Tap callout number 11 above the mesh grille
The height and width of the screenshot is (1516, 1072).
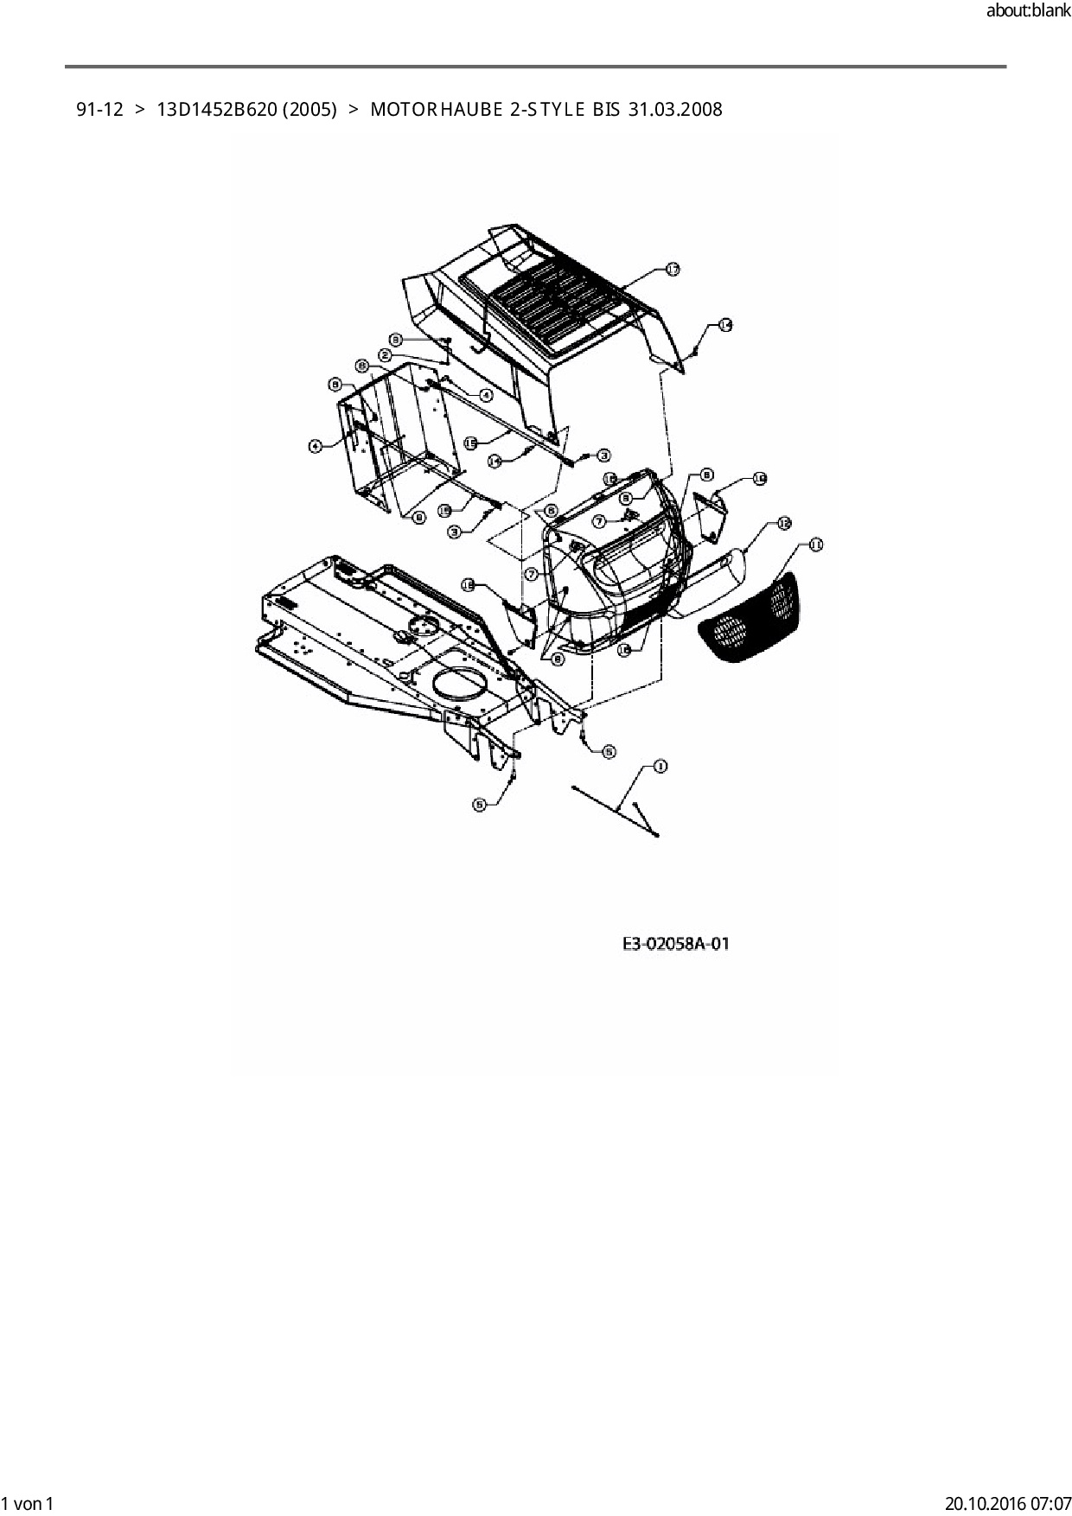tap(815, 545)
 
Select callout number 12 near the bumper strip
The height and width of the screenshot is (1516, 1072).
tap(783, 523)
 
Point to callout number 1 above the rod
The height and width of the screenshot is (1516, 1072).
tap(660, 766)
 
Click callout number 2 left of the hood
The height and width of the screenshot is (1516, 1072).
tap(385, 355)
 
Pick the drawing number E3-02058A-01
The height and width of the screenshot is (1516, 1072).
tap(675, 943)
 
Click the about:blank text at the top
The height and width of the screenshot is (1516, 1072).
tap(1028, 11)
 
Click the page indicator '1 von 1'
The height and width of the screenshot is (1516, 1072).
tap(29, 1503)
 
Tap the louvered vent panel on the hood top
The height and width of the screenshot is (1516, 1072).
tap(550, 303)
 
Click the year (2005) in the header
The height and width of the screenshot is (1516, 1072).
tap(309, 110)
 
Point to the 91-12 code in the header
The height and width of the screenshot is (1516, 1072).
tap(99, 110)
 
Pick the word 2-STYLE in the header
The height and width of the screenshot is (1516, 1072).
tap(547, 110)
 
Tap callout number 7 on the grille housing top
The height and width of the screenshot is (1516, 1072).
tap(599, 522)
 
